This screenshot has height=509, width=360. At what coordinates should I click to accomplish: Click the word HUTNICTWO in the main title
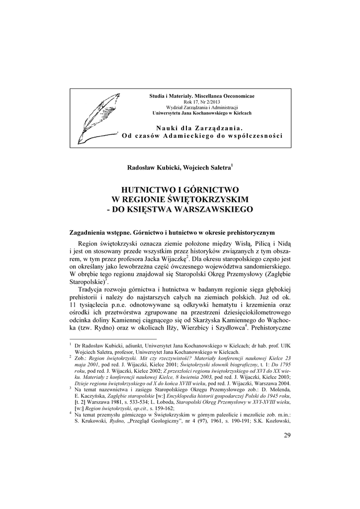(x=149, y=189)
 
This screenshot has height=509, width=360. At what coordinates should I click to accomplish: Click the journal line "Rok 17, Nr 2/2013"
(x=201, y=101)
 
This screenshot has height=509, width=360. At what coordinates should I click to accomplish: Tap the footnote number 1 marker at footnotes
(x=71, y=343)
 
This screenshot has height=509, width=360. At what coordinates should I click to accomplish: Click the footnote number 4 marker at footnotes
(x=71, y=412)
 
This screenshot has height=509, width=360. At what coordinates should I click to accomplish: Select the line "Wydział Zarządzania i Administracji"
(x=201, y=107)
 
